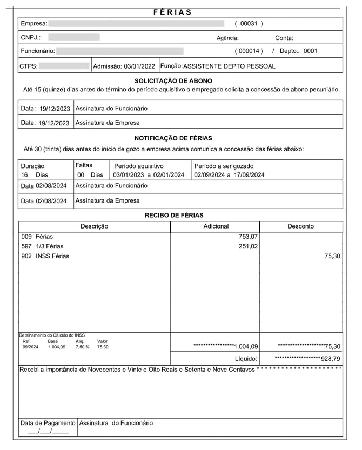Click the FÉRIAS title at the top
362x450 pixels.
tap(172, 12)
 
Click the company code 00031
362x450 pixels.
tap(249, 24)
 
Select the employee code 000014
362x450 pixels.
tap(249, 51)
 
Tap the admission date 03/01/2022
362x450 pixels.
tap(139, 66)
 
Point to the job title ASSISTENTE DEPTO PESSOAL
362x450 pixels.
tap(229, 66)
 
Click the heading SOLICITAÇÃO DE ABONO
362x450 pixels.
tap(173, 80)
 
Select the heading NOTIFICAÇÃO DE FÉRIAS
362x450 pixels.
tap(173, 138)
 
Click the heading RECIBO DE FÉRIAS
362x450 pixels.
tap(173, 216)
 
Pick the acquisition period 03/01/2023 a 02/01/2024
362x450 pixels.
tap(149, 175)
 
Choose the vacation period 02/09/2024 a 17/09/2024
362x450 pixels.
tap(229, 175)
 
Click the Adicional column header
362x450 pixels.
tap(216, 226)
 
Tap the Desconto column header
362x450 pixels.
tap(300, 226)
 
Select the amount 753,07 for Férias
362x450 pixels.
tap(248, 237)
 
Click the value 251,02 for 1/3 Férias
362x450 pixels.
tap(248, 246)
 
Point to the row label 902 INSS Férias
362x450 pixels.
tap(45, 256)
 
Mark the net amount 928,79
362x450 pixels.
tap(330, 359)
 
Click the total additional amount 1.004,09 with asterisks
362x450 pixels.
tap(246, 347)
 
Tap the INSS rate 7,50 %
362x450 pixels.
tap(82, 347)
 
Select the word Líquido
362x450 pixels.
tap(246, 359)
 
